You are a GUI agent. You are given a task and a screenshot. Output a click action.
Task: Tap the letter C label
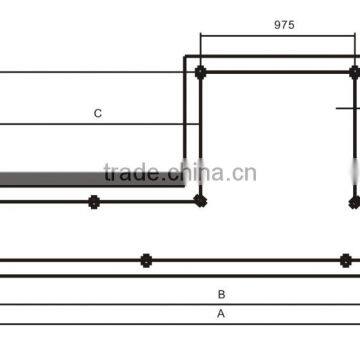click(x=98, y=114)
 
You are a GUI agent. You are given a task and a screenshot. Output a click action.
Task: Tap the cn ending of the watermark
click(x=245, y=173)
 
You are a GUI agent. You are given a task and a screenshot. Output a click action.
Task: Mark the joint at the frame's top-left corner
click(x=201, y=72)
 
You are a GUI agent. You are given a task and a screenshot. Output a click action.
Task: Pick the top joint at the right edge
click(x=354, y=72)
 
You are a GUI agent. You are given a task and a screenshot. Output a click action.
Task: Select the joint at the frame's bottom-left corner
click(x=201, y=201)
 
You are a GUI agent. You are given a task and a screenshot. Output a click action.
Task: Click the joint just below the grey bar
click(x=94, y=201)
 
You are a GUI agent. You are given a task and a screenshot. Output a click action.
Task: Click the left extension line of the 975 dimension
click(x=201, y=48)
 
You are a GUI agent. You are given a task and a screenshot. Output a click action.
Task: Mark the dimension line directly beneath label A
click(x=180, y=323)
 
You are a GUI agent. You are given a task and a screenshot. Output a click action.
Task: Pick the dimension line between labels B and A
click(x=180, y=304)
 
